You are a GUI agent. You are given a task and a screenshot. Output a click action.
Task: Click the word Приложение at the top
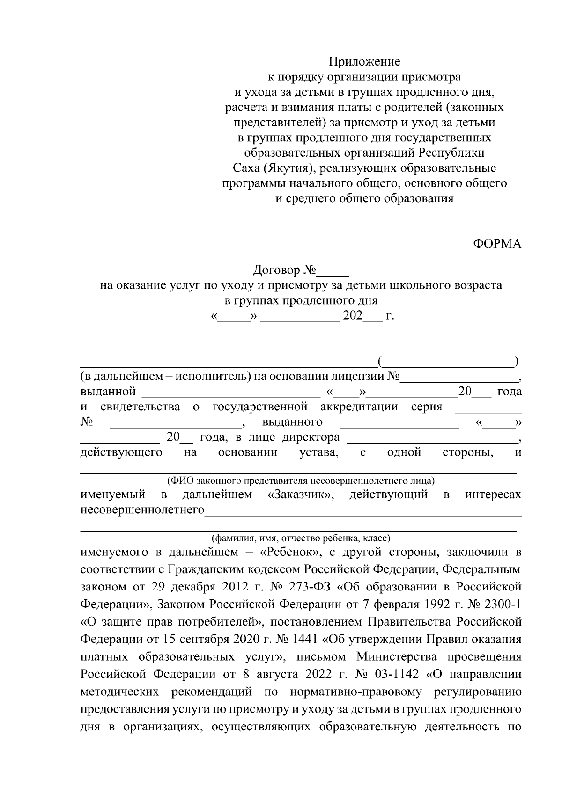click(x=364, y=61)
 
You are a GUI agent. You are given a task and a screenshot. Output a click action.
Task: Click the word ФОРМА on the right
click(x=497, y=244)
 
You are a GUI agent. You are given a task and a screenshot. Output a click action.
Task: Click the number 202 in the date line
click(x=353, y=316)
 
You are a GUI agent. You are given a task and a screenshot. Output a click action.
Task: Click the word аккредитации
click(x=359, y=407)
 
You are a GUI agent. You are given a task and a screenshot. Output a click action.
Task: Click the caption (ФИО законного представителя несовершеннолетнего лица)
click(x=301, y=480)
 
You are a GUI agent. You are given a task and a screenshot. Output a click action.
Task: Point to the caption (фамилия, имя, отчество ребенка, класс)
click(x=301, y=538)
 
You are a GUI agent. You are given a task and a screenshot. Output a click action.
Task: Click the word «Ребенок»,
click(x=290, y=552)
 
